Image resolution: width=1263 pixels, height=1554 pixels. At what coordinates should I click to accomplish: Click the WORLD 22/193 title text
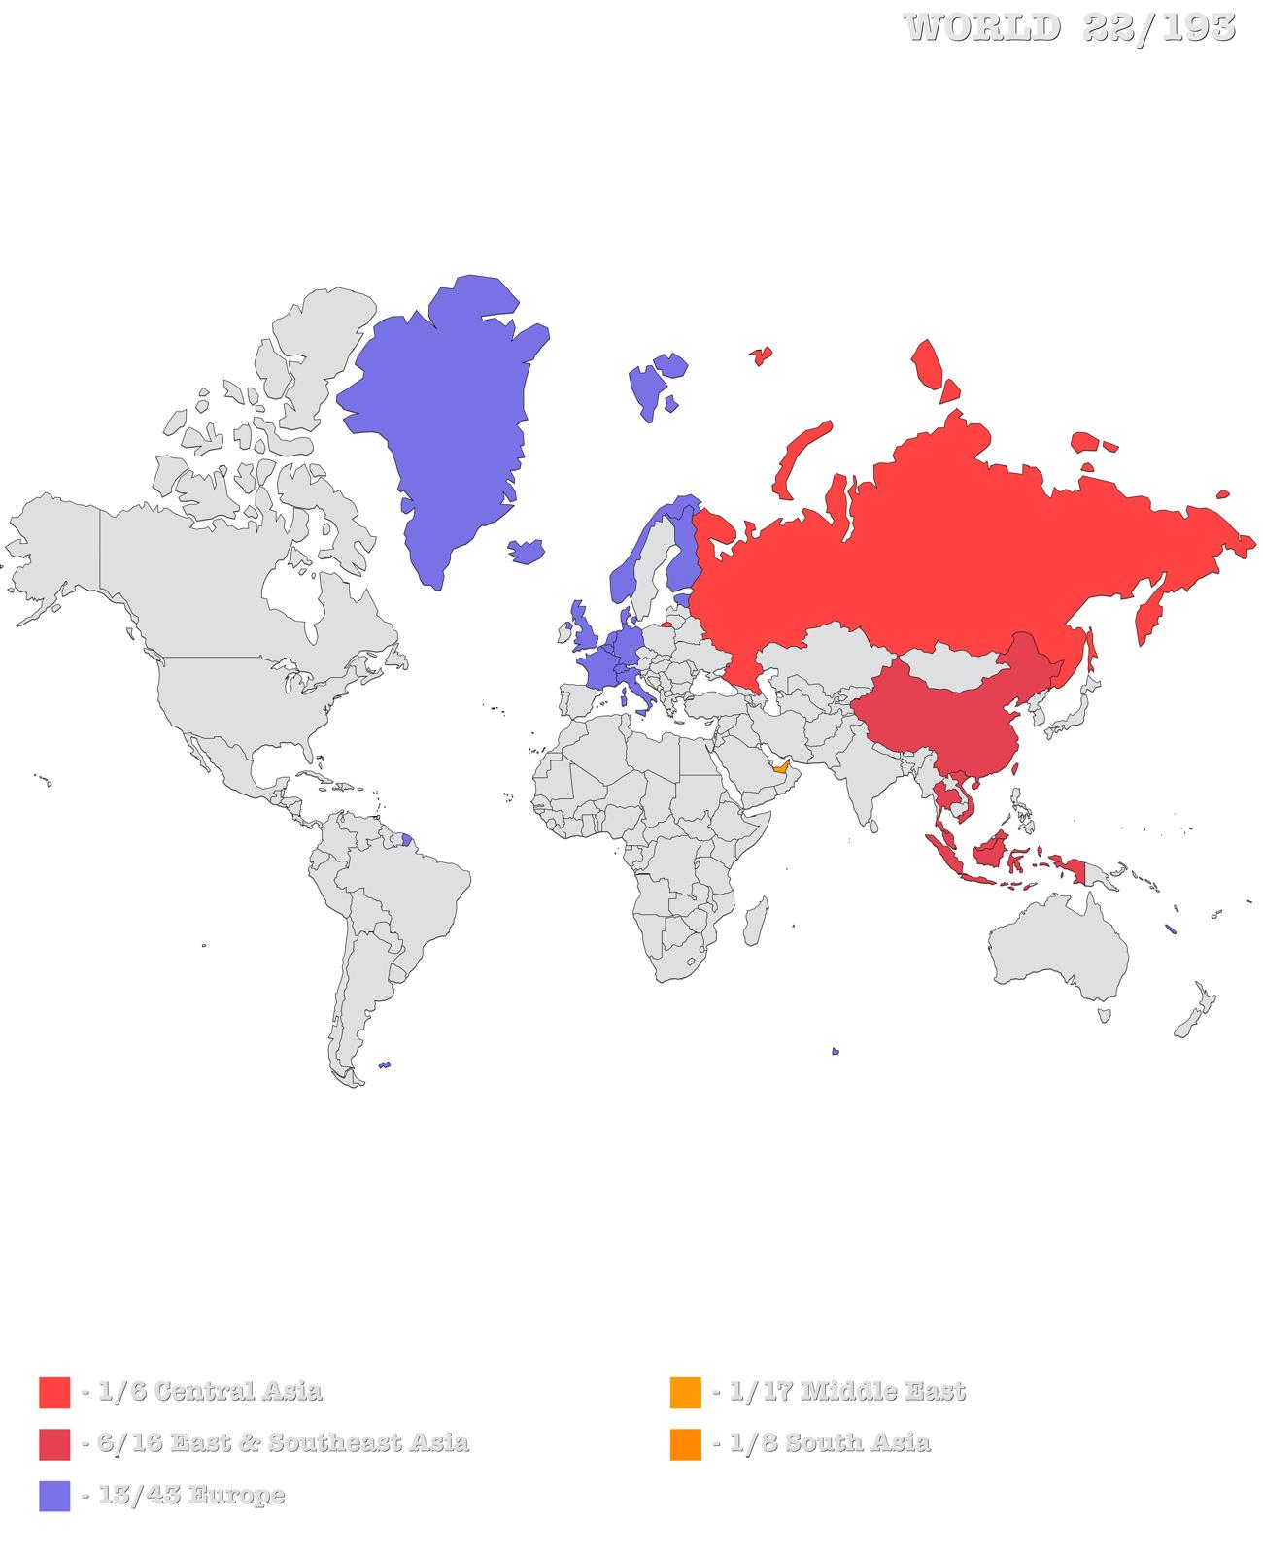pyautogui.click(x=1070, y=27)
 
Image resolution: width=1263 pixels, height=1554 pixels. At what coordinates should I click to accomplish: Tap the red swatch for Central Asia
pyautogui.click(x=54, y=1392)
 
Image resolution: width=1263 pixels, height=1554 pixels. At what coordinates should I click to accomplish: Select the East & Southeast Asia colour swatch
pyautogui.click(x=54, y=1444)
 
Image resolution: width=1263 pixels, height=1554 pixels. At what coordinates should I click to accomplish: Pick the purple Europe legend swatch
pyautogui.click(x=54, y=1496)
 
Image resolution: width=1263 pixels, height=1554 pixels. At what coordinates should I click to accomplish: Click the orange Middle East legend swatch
pyautogui.click(x=685, y=1392)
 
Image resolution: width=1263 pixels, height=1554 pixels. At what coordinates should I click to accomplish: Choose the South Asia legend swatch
pyautogui.click(x=685, y=1444)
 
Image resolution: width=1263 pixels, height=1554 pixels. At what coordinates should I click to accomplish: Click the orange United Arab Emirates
pyautogui.click(x=780, y=766)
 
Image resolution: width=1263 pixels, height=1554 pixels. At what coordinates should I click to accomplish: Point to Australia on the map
pyautogui.click(x=1059, y=957)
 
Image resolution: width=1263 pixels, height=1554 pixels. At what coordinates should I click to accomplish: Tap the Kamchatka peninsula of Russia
pyautogui.click(x=1151, y=612)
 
